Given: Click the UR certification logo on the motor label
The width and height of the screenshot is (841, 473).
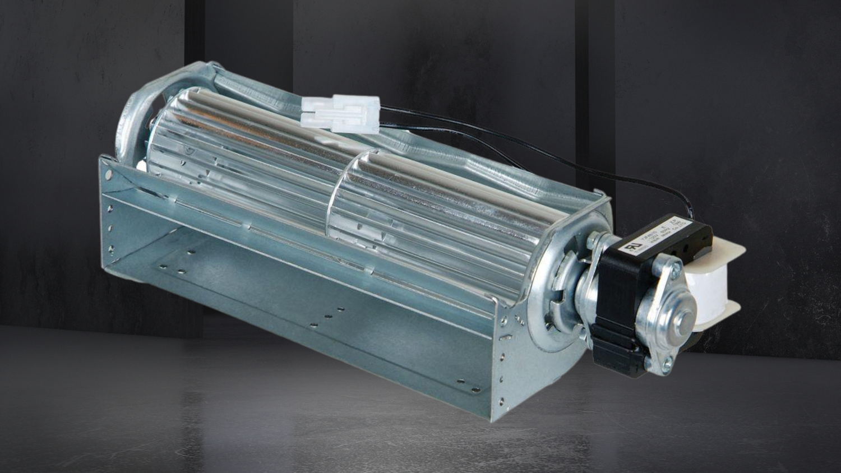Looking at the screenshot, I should [x=627, y=245].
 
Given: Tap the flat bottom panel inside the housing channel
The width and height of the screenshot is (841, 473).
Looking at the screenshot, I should [x=280, y=280].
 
